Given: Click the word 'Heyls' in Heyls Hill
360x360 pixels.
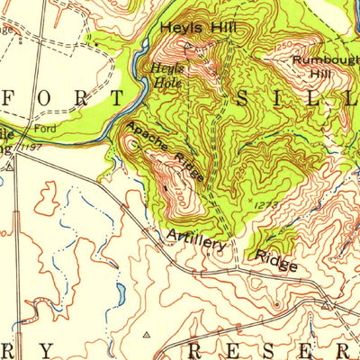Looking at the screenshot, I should click(x=178, y=29).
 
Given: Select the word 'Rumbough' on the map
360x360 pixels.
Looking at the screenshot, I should click(x=323, y=60).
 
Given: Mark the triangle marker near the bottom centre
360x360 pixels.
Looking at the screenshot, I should click(x=146, y=333).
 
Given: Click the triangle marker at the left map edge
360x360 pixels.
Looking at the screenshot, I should click(x=9, y=166).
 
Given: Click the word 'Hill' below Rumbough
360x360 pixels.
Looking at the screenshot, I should click(x=322, y=73).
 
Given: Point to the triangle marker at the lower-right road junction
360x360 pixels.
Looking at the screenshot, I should click(x=326, y=306).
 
